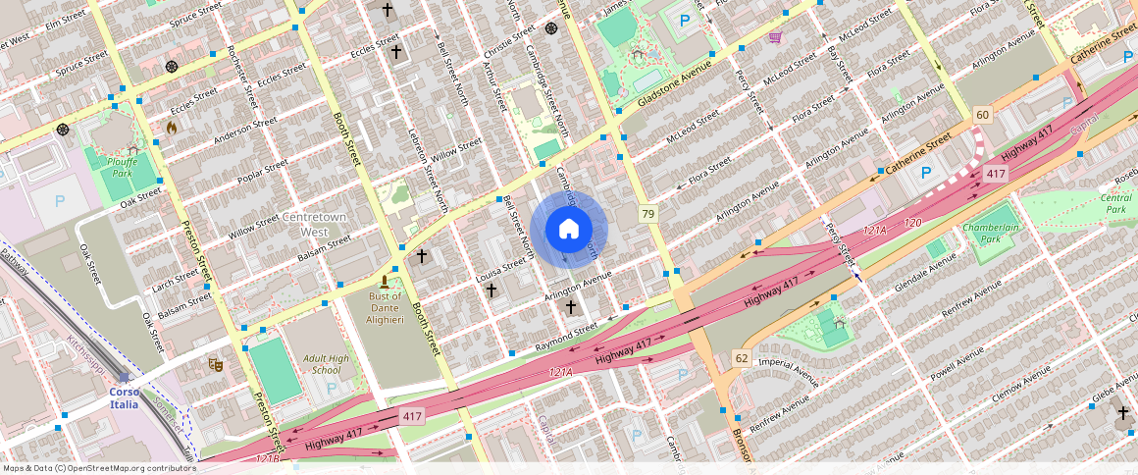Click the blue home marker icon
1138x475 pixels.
point(569,230)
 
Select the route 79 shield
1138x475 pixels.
point(647,214)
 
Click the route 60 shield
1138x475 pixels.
point(982,116)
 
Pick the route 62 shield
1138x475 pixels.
point(741,358)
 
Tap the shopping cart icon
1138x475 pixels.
point(775,37)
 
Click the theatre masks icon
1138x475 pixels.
point(215,364)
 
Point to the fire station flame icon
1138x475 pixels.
point(172,128)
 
